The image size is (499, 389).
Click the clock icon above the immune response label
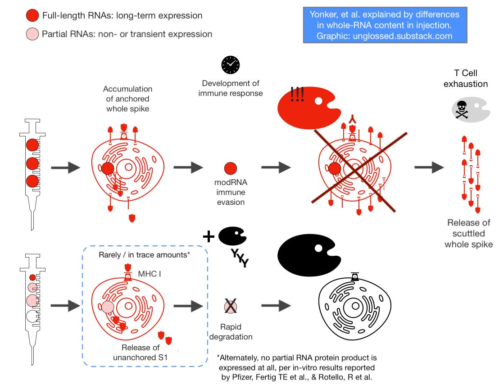231,65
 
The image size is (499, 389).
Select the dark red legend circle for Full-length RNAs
32,16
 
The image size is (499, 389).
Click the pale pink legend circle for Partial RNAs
32,34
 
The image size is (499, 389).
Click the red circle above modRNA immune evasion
231,168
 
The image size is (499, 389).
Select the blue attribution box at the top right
385,25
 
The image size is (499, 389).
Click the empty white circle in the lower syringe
32,317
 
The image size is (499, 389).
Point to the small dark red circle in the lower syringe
32,277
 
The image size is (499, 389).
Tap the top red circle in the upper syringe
32,145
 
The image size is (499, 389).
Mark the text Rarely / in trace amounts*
144,255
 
